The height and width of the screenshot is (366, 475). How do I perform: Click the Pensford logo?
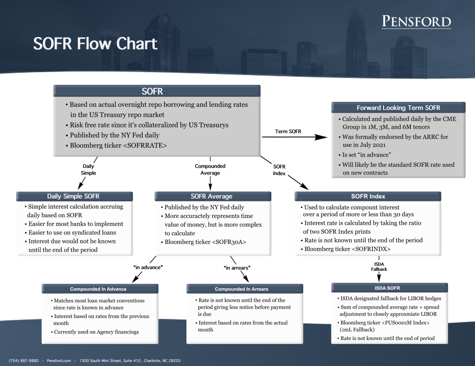click(416, 22)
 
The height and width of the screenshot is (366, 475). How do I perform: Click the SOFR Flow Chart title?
click(96, 44)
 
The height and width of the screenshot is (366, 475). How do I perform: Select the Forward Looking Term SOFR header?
click(398, 108)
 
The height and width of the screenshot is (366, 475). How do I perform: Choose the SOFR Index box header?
click(368, 196)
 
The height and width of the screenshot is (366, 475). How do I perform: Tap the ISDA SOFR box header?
click(389, 288)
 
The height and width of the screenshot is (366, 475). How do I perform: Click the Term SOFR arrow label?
click(288, 131)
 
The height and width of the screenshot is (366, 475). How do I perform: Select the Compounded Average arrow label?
click(210, 170)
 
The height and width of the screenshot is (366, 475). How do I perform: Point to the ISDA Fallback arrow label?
click(379, 266)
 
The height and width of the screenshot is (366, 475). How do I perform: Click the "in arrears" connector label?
click(237, 268)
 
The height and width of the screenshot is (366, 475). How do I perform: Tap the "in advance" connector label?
click(148, 267)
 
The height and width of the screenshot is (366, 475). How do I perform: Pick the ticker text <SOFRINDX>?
click(371, 249)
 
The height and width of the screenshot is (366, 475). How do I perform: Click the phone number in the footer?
click(24, 361)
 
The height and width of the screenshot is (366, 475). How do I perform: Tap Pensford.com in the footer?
click(59, 361)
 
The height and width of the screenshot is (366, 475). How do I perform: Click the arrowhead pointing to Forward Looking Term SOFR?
click(321, 137)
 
